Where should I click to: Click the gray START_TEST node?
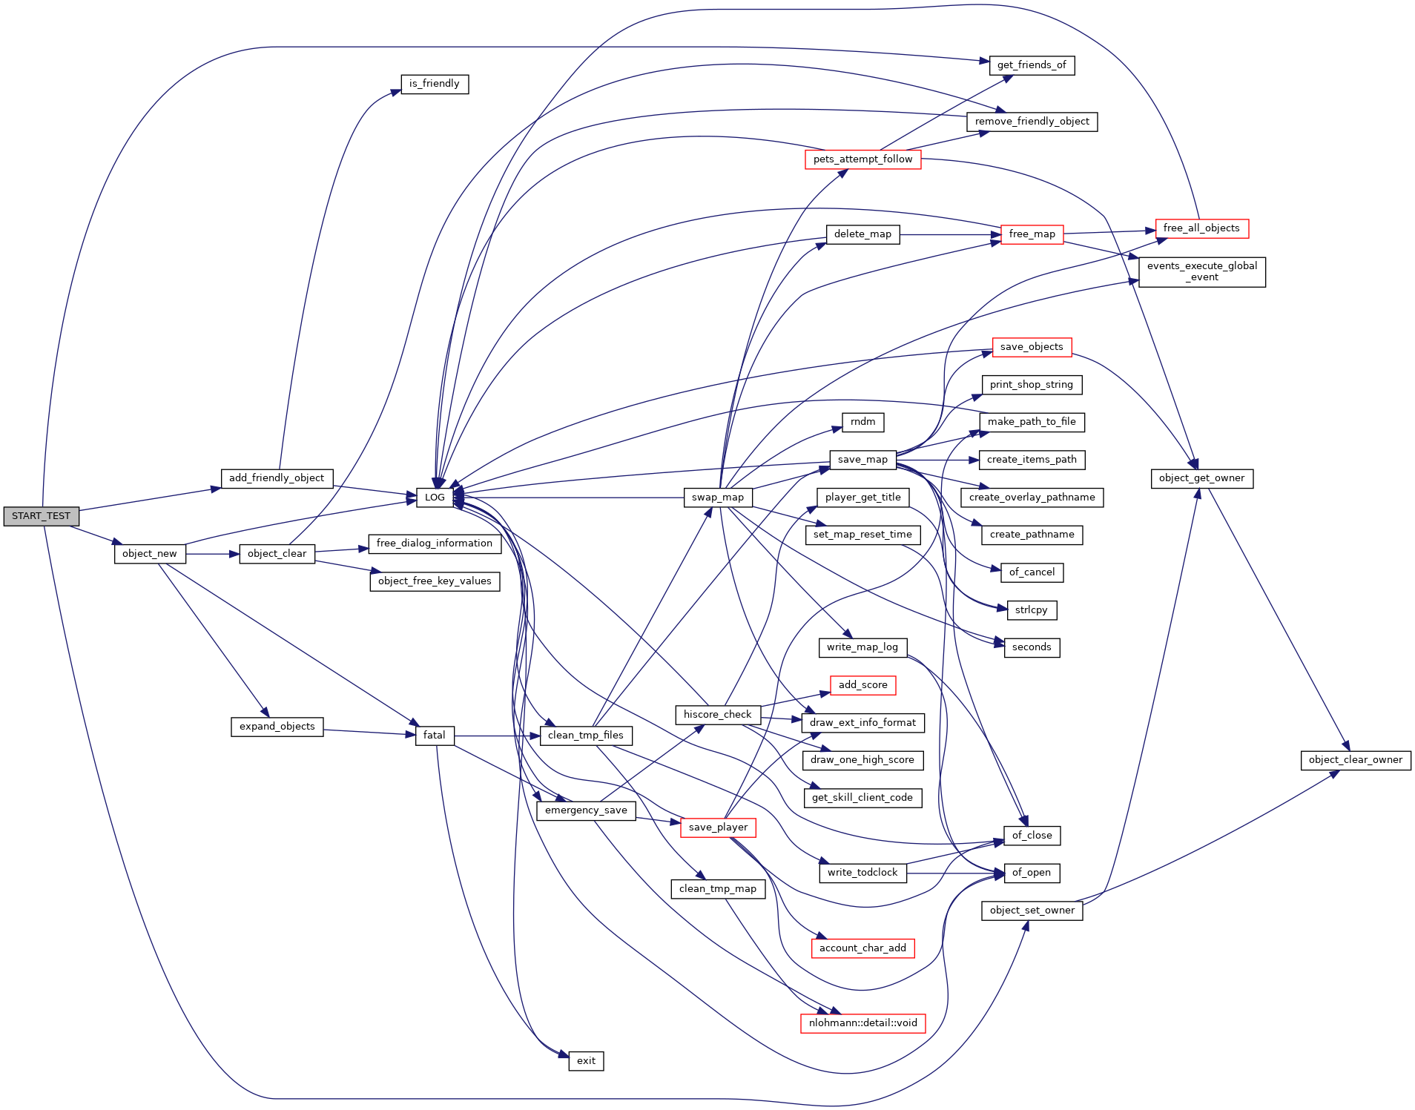pos(41,516)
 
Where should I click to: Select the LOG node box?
pos(435,498)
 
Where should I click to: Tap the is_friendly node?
pos(434,84)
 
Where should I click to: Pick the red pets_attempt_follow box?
pos(862,159)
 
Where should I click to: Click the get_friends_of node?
pos(1031,65)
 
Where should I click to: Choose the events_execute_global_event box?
pos(1201,271)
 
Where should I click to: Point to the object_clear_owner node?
pos(1355,760)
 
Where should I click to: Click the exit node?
pos(586,1061)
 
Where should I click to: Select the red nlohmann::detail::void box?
pos(862,1023)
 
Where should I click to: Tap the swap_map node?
pos(717,498)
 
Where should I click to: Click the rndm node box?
pos(862,422)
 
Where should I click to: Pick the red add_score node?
pos(862,685)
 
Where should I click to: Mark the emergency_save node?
pos(586,810)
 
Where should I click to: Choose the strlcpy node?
pos(1031,610)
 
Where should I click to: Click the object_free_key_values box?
pos(435,581)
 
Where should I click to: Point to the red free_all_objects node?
pos(1201,228)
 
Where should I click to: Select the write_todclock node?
pos(862,873)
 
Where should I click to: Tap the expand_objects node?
pos(277,727)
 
